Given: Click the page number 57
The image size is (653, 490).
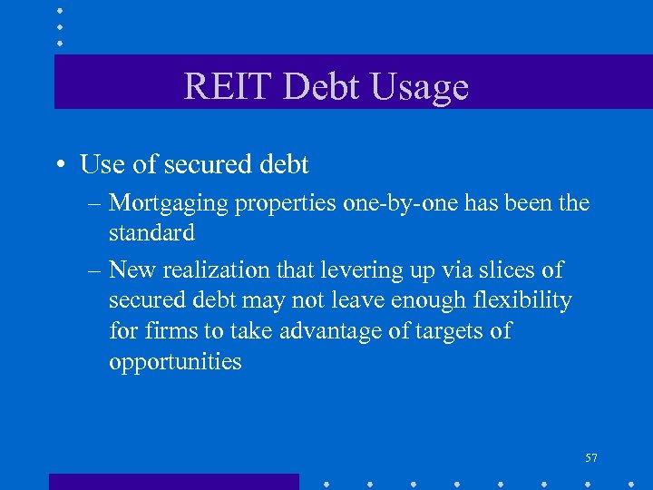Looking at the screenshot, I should [590, 458].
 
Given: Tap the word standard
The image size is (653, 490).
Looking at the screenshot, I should [151, 233].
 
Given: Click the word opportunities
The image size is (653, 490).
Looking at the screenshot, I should [175, 362].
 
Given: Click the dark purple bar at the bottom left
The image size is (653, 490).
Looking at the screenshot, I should [173, 482].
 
